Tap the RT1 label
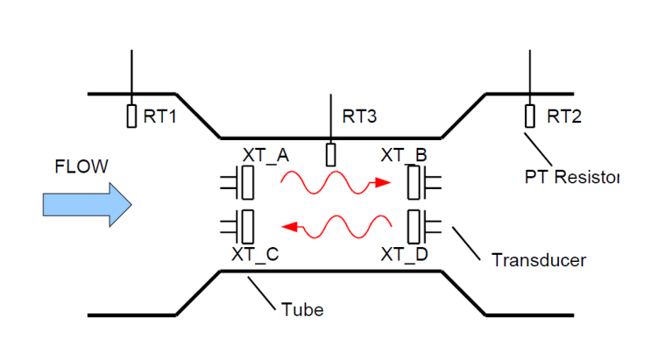click(x=160, y=116)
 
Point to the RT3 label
click(x=359, y=116)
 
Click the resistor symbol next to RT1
click(x=131, y=116)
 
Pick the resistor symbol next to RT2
click(x=530, y=116)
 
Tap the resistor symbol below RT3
click(x=330, y=154)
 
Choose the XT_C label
click(x=255, y=255)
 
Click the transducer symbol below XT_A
click(x=245, y=184)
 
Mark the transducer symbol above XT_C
click(x=245, y=226)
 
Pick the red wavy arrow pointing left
click(x=338, y=228)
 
